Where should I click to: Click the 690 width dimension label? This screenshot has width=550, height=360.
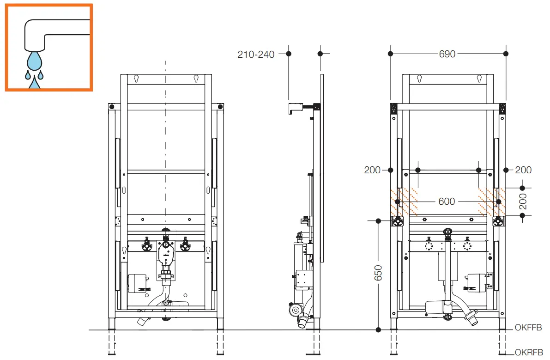[x=447, y=54]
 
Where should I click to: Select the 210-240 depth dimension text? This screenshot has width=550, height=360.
[x=256, y=55]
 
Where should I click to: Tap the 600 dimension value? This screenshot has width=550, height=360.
[x=447, y=201]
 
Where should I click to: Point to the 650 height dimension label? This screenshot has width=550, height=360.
[x=379, y=276]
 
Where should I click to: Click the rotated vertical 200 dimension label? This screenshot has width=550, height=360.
[x=522, y=201]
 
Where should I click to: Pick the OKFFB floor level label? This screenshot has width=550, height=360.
[x=528, y=328]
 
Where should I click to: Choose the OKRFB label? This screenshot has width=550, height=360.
[x=528, y=352]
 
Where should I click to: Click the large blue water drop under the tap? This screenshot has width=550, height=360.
[x=35, y=61]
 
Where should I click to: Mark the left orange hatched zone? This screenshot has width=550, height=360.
[x=404, y=202]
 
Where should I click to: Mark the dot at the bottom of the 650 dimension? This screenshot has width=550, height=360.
[x=379, y=329]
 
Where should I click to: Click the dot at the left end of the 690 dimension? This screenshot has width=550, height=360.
[x=390, y=54]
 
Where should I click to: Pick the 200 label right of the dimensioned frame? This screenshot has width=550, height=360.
[x=523, y=170]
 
